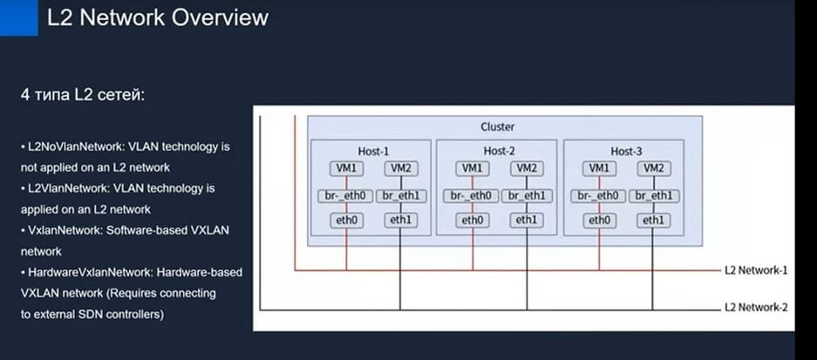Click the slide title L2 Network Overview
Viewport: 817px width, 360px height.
pyautogui.click(x=157, y=18)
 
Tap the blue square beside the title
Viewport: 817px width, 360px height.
pyautogui.click(x=19, y=17)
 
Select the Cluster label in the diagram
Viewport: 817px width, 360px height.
pyautogui.click(x=497, y=127)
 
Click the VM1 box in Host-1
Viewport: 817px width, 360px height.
pyautogui.click(x=345, y=168)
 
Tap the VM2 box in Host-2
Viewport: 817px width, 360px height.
pyautogui.click(x=526, y=168)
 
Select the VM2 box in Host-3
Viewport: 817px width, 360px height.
pyautogui.click(x=652, y=168)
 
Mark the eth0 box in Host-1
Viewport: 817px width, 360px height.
pyautogui.click(x=345, y=221)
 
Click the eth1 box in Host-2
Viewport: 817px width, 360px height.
pyautogui.click(x=526, y=221)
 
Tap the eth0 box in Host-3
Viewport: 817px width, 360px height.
pyautogui.click(x=599, y=221)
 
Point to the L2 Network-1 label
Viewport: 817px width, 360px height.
pyautogui.click(x=755, y=270)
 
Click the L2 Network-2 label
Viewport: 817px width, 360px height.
pyautogui.click(x=755, y=308)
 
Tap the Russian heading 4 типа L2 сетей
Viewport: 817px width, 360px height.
pyautogui.click(x=83, y=93)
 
